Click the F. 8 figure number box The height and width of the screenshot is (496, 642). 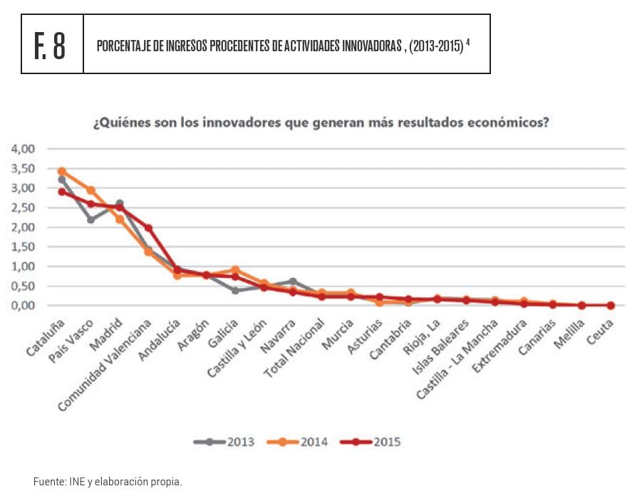[52, 44]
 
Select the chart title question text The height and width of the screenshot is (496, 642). [321, 122]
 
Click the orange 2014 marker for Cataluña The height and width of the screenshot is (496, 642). [62, 172]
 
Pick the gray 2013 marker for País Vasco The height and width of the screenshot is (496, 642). [91, 219]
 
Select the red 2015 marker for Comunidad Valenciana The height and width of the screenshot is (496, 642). [148, 228]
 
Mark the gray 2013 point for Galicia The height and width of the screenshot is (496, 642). [235, 290]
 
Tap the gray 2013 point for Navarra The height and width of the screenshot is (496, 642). [293, 281]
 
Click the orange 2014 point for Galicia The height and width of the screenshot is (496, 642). [235, 270]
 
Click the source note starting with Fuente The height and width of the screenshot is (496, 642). [108, 482]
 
